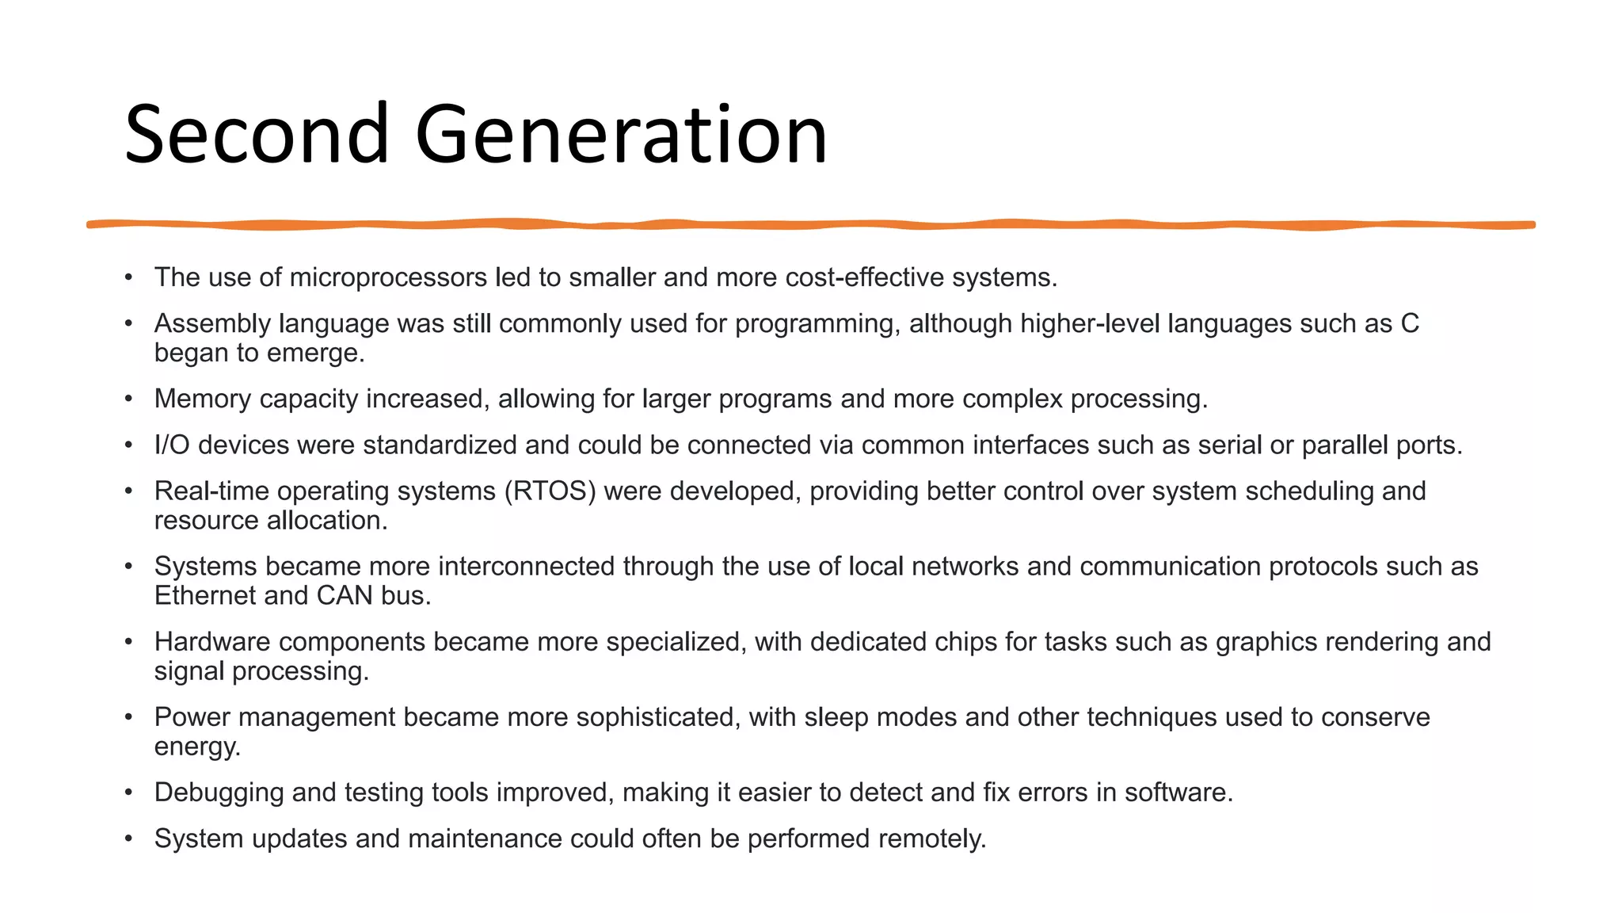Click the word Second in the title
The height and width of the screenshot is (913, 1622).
pyautogui.click(x=256, y=135)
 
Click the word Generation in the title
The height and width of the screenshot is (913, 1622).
pyautogui.click(x=621, y=135)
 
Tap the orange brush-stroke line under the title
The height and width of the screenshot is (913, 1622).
pyautogui.click(x=811, y=225)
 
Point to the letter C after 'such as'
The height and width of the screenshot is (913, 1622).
pyautogui.click(x=1409, y=323)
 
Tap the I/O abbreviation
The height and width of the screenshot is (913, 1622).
pyautogui.click(x=172, y=445)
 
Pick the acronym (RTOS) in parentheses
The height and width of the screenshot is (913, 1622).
pyautogui.click(x=550, y=491)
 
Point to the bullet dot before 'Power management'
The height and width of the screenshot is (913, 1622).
pyautogui.click(x=128, y=717)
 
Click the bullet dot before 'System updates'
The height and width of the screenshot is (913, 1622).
pyautogui.click(x=128, y=839)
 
